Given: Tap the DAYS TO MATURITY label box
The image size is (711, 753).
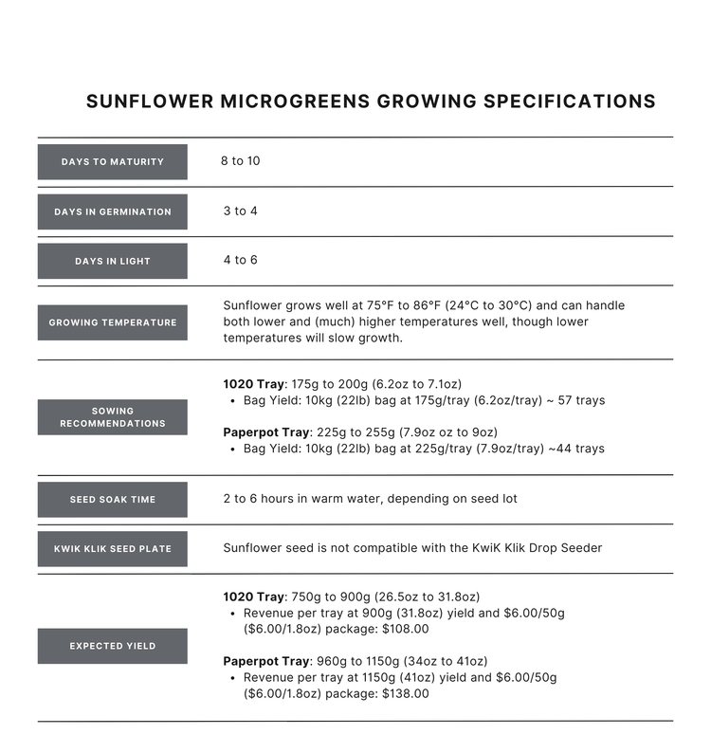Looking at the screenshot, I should pos(112,162).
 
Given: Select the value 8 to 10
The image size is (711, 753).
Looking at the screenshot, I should pos(240,161).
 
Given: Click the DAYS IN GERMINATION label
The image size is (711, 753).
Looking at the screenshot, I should pos(112,211).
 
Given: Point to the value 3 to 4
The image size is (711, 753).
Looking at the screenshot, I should pos(240,211).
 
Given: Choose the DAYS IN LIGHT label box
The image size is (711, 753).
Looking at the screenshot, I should pos(112,261).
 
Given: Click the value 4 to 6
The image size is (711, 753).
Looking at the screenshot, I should pos(240,260).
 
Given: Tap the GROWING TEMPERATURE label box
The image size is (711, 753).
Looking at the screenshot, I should pos(112,322).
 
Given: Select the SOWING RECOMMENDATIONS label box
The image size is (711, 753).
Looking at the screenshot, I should pos(112,417).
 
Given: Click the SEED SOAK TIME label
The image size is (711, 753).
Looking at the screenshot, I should pos(112,500).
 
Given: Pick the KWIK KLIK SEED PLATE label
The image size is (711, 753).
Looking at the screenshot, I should pos(112,549).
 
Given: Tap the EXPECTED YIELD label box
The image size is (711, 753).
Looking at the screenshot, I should pos(112,646).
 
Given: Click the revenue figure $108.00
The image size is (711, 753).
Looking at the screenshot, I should pos(403,629).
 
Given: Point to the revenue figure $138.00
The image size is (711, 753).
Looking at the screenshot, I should pos(403,693).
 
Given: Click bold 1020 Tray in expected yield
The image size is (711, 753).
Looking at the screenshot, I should pos(253,597).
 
